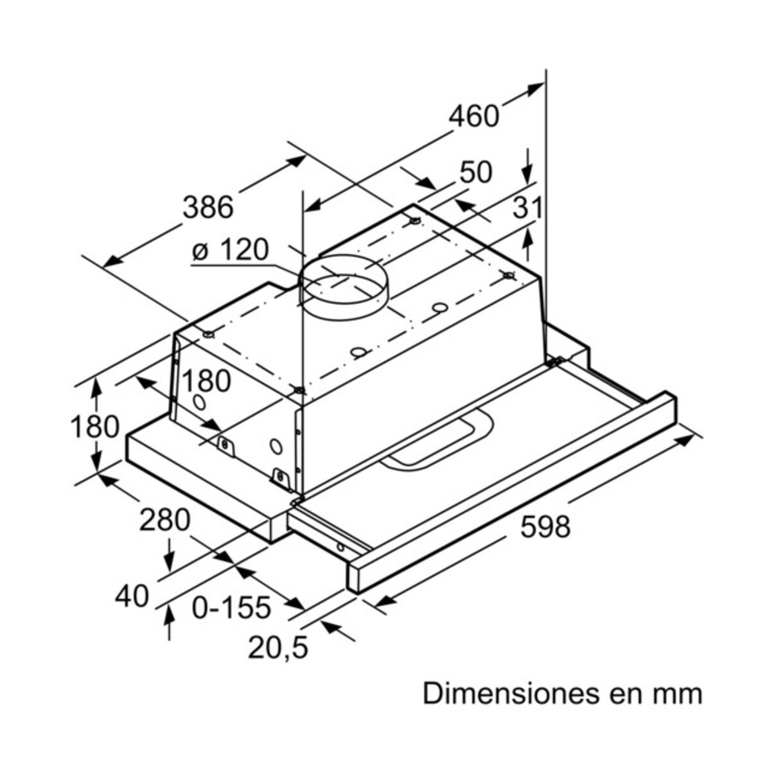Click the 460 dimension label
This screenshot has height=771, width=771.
point(474,116)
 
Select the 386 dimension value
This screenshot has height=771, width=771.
point(208,208)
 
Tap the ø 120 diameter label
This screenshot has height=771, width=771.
point(230,250)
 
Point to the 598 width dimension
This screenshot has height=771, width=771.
point(545,527)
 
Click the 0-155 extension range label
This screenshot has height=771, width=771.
point(231,607)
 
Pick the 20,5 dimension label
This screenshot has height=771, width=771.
point(278,648)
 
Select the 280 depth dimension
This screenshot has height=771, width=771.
point(165,520)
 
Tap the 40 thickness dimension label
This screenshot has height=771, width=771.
point(132,597)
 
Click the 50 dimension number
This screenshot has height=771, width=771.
point(476,172)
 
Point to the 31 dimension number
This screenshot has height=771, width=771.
point(528,208)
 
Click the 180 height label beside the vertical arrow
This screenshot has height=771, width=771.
point(94,427)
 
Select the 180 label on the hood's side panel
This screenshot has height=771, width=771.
point(206,381)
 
